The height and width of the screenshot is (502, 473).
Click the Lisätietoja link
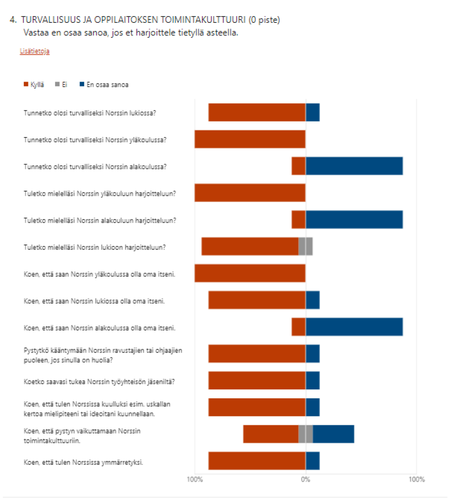tap(34, 51)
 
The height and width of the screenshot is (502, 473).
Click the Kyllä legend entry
tap(34, 84)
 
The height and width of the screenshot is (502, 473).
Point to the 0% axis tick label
tap(305, 479)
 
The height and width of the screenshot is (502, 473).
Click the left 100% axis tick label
tap(194, 479)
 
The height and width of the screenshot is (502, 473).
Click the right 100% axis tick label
tap(416, 479)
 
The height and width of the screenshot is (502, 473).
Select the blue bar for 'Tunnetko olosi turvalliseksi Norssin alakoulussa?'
tap(354, 166)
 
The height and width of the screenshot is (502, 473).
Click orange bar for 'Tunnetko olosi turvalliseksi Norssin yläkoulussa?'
tap(250, 139)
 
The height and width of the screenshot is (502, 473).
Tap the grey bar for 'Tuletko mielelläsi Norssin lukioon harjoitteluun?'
tap(305, 247)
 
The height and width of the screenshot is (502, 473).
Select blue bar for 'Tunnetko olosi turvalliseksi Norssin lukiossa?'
tap(313, 112)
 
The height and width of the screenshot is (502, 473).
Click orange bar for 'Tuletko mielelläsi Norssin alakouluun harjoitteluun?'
tap(299, 220)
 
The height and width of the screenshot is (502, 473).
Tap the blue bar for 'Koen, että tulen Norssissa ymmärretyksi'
tap(313, 461)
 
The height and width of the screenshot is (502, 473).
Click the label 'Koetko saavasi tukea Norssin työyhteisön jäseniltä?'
tap(99, 382)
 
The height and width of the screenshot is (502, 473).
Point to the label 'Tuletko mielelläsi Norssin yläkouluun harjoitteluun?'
tap(100, 193)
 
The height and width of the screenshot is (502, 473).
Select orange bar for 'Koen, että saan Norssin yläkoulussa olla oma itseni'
tap(250, 274)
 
